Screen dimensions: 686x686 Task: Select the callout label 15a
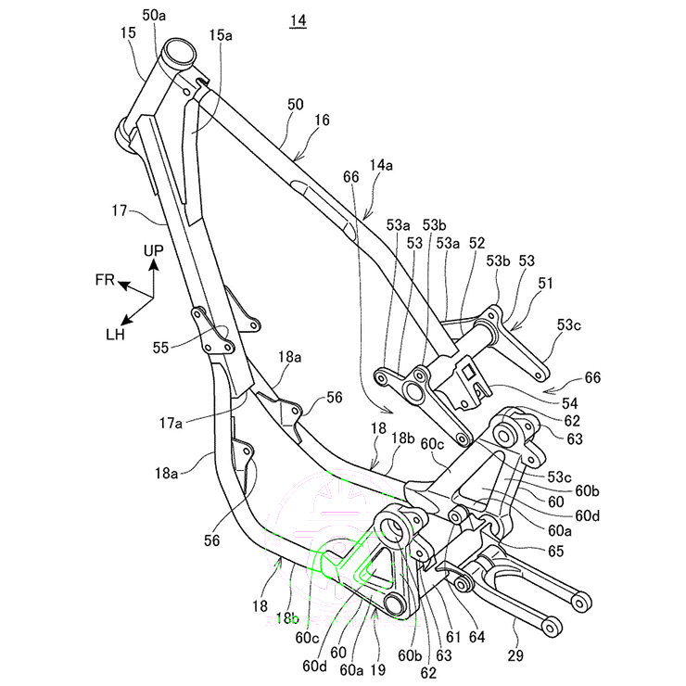click(x=221, y=34)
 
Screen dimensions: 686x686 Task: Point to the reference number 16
click(x=322, y=119)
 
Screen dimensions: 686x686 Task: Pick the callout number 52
click(x=476, y=242)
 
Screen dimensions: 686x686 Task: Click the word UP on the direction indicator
click(x=154, y=250)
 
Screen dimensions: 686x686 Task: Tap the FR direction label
click(x=104, y=279)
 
